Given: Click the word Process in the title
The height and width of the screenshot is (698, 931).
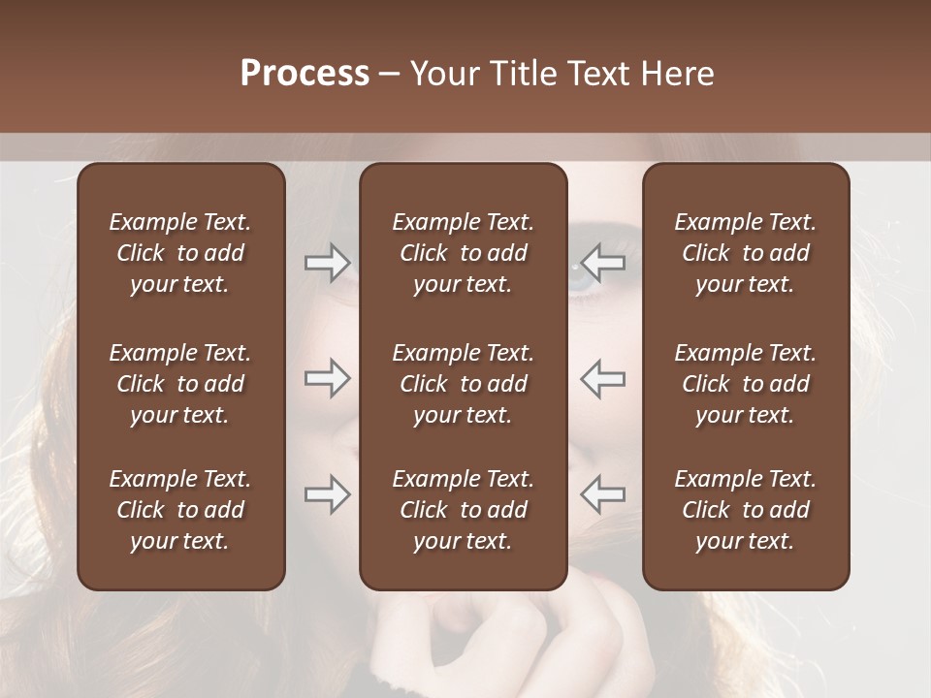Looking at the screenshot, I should point(305,74).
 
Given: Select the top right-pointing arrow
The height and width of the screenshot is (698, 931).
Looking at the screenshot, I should point(328,263).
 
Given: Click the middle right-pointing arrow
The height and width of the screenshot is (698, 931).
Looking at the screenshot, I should point(328,378).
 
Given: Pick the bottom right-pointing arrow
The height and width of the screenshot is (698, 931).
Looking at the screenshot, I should point(328,494).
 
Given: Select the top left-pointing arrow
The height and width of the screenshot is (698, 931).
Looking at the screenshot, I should point(603,263).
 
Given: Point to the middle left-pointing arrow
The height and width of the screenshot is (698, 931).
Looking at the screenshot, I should point(603,378).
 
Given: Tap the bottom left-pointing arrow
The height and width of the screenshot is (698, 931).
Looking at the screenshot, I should point(603,494).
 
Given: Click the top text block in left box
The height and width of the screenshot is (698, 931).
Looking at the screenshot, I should point(180,253).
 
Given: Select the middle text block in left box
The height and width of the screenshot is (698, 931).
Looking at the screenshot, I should point(180,384).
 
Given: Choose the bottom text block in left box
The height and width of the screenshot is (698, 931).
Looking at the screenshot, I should point(180,510).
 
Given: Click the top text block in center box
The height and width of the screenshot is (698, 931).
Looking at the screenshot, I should point(464,253).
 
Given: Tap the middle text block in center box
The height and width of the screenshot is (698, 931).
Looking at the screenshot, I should point(464,384).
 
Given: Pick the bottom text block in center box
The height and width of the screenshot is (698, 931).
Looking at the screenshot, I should point(464,510).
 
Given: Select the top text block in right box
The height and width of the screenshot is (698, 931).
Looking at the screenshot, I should point(746,253).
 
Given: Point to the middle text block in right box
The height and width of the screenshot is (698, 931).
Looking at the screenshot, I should point(746,384).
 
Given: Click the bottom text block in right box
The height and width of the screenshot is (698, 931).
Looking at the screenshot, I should point(746,510).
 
